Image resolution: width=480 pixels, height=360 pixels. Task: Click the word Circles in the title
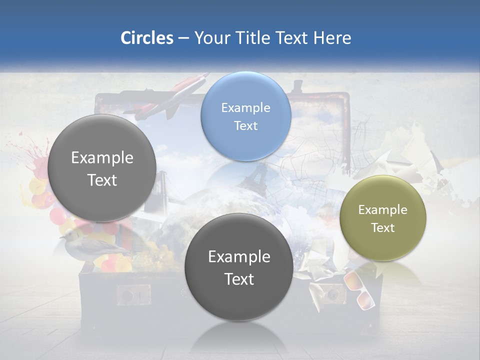[146, 38]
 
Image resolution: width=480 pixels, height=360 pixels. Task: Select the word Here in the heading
[333, 38]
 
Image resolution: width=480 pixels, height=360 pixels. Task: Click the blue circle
[245, 116]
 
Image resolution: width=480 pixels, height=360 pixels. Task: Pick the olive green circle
[383, 218]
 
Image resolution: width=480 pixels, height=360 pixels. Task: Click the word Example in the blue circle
[245, 107]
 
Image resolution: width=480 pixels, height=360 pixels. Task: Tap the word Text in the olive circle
[383, 227]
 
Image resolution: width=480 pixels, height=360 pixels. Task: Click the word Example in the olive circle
[383, 209]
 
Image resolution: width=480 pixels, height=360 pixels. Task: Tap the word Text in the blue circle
[245, 125]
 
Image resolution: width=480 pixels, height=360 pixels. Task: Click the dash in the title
[183, 38]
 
